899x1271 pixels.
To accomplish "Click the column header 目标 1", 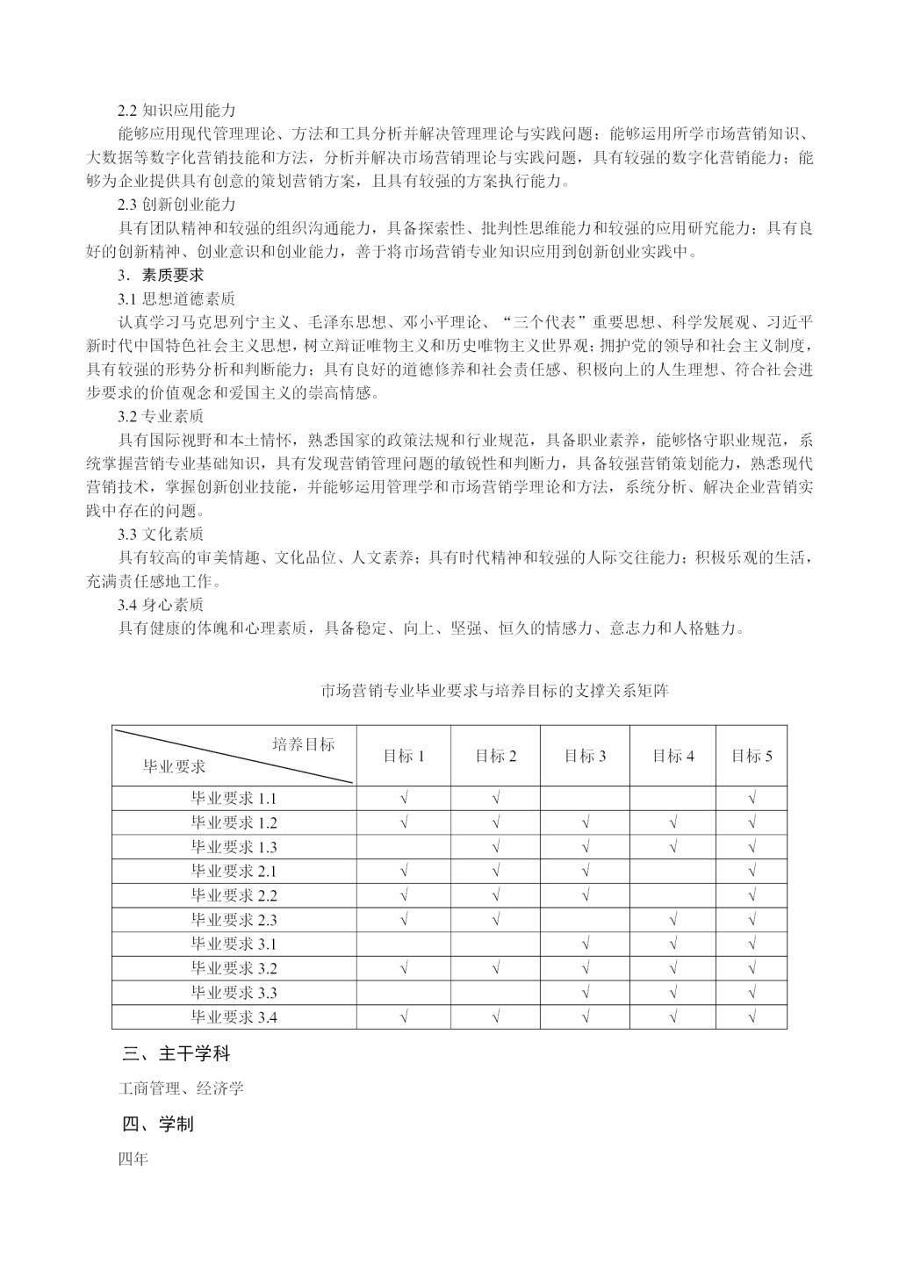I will click(x=404, y=756).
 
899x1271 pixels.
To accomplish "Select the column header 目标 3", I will click(x=585, y=756).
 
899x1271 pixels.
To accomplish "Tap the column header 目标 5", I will click(x=752, y=756).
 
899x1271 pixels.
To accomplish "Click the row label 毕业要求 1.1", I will click(x=234, y=799).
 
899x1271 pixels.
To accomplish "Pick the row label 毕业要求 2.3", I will click(x=234, y=920).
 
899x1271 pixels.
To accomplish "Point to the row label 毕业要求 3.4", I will click(x=234, y=1017).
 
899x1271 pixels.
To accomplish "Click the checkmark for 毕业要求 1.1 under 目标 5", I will click(x=752, y=799).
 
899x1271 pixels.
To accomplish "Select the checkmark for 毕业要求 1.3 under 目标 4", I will click(x=672, y=847).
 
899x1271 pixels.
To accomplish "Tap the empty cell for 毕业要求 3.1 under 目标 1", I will click(x=404, y=944).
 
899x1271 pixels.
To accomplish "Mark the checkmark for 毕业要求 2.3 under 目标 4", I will click(x=672, y=920).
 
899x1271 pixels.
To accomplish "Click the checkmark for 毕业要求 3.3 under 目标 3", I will click(x=585, y=993).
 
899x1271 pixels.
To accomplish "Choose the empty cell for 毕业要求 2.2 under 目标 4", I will click(x=672, y=895).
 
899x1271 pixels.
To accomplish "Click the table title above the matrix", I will click(x=496, y=691).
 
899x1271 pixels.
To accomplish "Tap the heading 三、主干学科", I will click(x=176, y=1053).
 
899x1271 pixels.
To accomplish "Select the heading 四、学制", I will click(x=157, y=1124).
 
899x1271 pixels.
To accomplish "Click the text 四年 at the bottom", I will click(x=133, y=1159).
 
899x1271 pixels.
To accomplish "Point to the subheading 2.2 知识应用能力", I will click(x=176, y=111).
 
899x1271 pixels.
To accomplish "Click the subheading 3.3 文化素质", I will click(x=161, y=534).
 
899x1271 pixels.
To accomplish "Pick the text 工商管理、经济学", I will click(x=181, y=1088).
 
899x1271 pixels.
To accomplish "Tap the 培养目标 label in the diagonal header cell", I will click(x=303, y=744).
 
